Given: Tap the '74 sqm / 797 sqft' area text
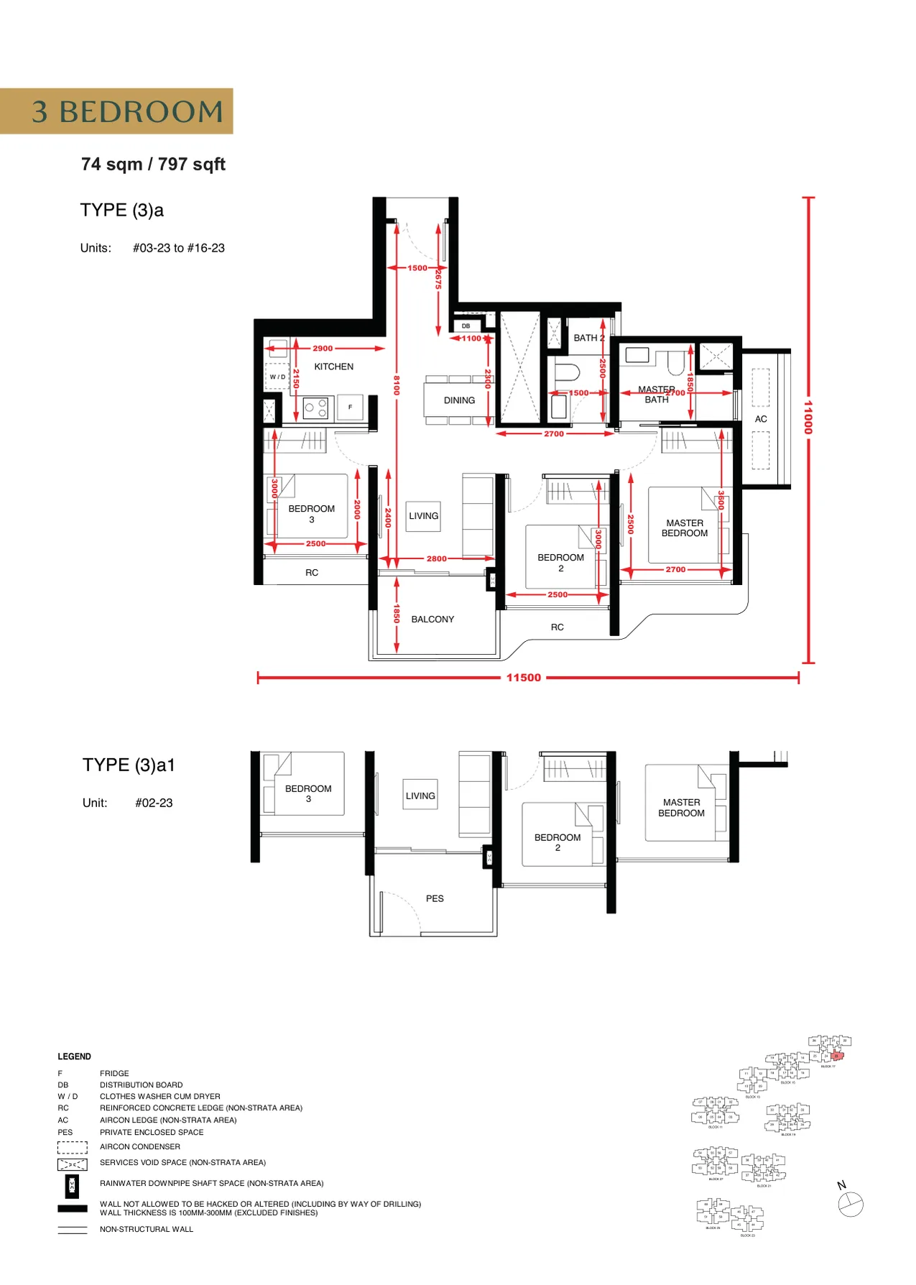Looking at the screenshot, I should (153, 165).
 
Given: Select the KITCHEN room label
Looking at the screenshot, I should (333, 367).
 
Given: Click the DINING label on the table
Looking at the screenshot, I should (459, 400).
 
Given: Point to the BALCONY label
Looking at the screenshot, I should (432, 619).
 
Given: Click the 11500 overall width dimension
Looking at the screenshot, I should (523, 678).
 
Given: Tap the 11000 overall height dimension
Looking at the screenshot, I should (808, 417).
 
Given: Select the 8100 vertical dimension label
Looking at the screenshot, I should (396, 384).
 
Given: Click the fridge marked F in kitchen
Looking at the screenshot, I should (351, 407).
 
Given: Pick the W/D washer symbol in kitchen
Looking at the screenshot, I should (277, 377).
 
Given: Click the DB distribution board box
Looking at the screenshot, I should (466, 326).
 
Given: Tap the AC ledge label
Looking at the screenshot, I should (761, 419).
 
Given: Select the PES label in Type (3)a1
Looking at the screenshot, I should (435, 898).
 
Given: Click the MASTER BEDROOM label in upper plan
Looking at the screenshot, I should (685, 528).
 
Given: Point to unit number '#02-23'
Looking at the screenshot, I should (154, 803).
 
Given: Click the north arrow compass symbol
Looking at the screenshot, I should (851, 1204).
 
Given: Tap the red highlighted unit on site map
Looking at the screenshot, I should (836, 1056).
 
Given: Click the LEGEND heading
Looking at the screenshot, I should (74, 1056).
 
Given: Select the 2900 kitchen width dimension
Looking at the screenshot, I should (323, 349).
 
